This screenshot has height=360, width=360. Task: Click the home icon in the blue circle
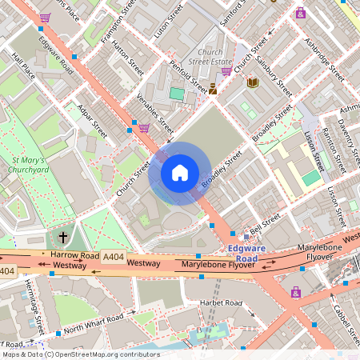[x=180, y=173]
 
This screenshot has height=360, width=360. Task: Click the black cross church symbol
[x=63, y=238]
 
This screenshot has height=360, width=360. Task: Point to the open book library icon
[x=253, y=82]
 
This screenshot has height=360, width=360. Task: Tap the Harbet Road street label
[x=222, y=303]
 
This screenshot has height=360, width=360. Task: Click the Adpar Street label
[x=93, y=118]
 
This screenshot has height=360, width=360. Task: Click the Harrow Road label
[x=68, y=254]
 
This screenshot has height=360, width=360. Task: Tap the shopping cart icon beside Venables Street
[x=144, y=127]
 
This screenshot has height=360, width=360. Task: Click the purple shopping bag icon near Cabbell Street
[x=296, y=293]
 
